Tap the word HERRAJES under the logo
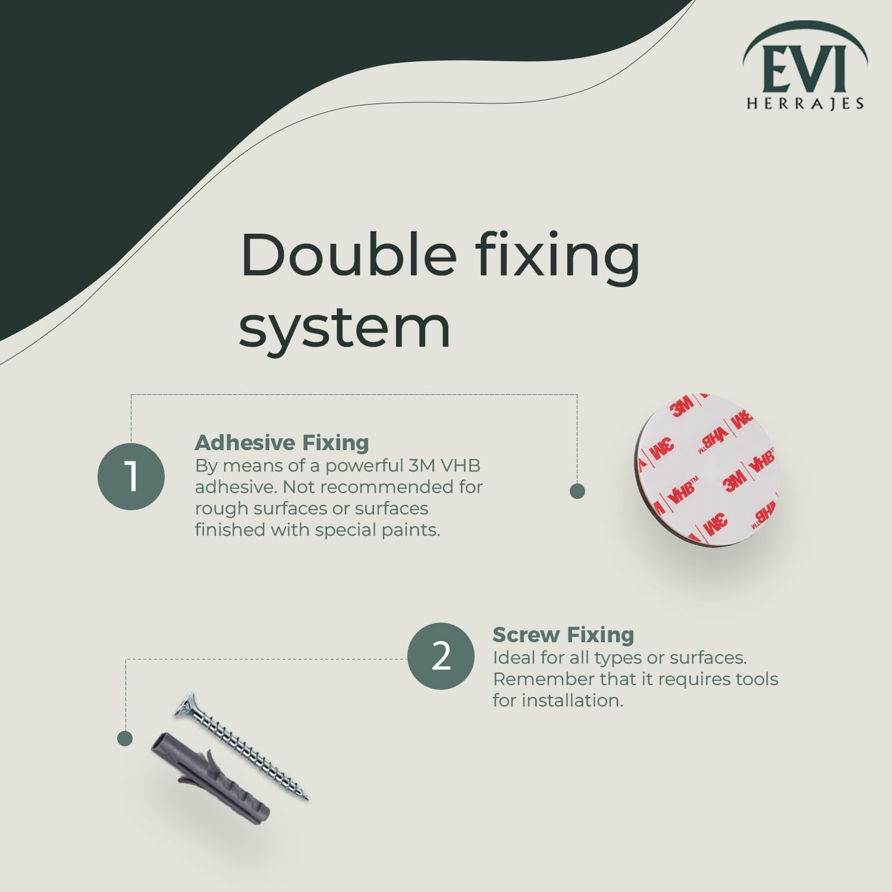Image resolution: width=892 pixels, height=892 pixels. click(805, 103)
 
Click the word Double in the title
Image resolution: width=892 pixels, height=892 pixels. click(348, 255)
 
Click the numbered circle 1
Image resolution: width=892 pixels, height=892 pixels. click(131, 476)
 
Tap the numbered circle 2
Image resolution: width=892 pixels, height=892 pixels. click(441, 656)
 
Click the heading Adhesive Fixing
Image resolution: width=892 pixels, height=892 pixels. click(282, 442)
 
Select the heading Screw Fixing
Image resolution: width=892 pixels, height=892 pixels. click(563, 635)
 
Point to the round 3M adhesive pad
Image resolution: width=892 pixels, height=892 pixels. click(706, 469)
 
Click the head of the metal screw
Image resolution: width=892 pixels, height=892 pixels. click(186, 705)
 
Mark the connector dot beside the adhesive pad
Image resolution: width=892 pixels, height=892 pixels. click(577, 491)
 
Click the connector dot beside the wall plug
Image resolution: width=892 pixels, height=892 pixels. click(125, 739)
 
